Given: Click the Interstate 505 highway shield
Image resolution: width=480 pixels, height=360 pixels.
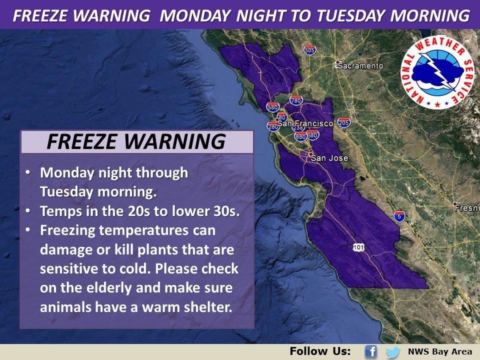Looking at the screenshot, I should (x=309, y=50).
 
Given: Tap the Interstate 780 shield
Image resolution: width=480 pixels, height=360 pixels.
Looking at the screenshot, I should (x=296, y=100).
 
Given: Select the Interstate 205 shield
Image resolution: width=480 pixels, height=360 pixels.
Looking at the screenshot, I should (x=343, y=122).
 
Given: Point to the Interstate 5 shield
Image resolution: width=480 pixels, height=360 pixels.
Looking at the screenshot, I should (x=399, y=216).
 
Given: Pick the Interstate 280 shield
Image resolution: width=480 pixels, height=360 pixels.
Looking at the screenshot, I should (x=272, y=126).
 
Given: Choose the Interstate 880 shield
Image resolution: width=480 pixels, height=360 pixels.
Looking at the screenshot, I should (x=300, y=136).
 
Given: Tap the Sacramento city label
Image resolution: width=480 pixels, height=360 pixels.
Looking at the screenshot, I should (x=361, y=65).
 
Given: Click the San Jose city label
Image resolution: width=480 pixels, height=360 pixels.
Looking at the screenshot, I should (x=329, y=158).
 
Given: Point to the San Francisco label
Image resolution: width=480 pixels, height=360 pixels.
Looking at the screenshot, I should (x=305, y=123).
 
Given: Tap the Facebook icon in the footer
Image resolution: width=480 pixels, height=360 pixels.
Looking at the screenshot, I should (x=370, y=351).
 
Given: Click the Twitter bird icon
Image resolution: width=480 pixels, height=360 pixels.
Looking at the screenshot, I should (x=393, y=351).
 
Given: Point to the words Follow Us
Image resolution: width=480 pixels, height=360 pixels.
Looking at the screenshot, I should (x=320, y=351).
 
